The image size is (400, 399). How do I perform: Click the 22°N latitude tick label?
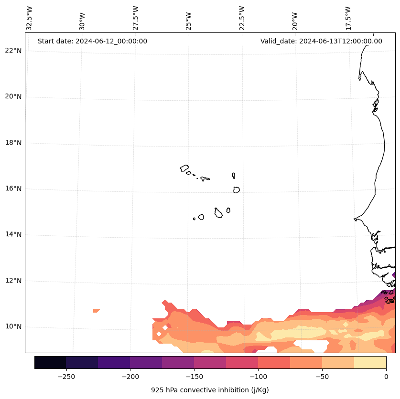12,51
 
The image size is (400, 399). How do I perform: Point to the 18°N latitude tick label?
12,143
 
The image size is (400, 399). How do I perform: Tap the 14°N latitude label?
12,234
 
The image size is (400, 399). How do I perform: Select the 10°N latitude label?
12,326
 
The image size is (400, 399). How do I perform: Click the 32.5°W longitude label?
30,18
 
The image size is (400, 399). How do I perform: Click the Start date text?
92,41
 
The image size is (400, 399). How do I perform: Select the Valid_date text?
321,41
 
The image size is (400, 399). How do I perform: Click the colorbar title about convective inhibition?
210,390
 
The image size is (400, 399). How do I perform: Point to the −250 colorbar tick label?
66,377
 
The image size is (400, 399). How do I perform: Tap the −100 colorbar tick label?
258,377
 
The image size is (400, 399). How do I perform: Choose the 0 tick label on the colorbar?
386,377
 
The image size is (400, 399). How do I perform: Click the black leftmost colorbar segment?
50,362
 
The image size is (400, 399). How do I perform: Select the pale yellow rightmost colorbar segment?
370,362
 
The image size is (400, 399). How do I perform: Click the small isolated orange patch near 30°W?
97,311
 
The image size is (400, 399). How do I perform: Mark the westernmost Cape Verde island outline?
184,168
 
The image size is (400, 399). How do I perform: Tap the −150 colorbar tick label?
194,377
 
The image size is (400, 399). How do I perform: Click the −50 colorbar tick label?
322,377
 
